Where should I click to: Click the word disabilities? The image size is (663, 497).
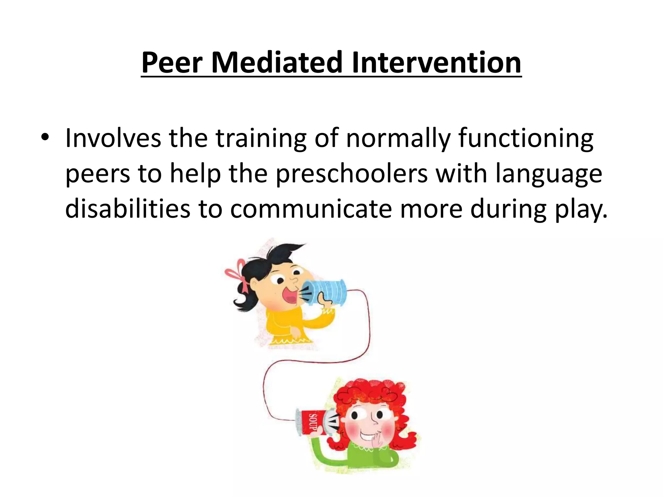(x=128, y=209)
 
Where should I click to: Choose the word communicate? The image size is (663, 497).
(x=311, y=209)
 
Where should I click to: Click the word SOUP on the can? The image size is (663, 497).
(x=313, y=423)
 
